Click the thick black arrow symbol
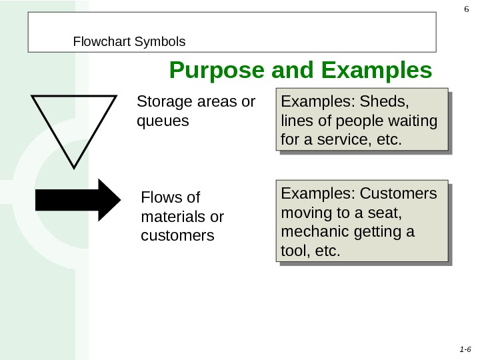(x=77, y=199)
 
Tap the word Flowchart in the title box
(x=102, y=42)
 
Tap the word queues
(x=163, y=121)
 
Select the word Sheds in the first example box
(x=383, y=103)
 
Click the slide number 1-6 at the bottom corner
(x=465, y=349)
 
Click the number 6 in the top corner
(x=465, y=9)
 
